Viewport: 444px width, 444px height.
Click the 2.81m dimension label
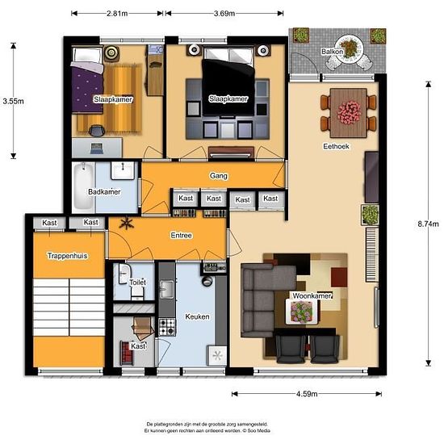pos(117,13)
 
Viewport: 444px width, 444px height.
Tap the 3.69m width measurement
pos(224,13)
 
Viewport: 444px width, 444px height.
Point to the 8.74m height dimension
pos(428,224)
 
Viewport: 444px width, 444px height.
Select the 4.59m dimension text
pos(307,394)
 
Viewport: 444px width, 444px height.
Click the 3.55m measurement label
pos(13,101)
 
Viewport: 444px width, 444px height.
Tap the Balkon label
pos(332,52)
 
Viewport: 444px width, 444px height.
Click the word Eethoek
pos(336,146)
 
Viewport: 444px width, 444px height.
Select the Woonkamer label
pos(312,296)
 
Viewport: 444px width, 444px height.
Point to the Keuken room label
pos(197,316)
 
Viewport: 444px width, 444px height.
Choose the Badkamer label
pos(104,191)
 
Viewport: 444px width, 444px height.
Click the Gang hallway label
pos(219,176)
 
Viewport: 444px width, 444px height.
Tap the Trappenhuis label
pos(67,256)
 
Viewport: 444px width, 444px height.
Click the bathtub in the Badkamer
pos(83,186)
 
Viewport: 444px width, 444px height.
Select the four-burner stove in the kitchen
pos(167,327)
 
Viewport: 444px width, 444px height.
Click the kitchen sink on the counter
pos(167,289)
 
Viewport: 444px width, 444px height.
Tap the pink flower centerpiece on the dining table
pos(349,112)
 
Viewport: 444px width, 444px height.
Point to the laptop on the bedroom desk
pos(97,149)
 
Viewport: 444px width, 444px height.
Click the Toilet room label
pos(138,283)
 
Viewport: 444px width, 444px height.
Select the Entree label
pos(181,235)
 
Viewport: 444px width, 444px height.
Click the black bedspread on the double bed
pos(228,88)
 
